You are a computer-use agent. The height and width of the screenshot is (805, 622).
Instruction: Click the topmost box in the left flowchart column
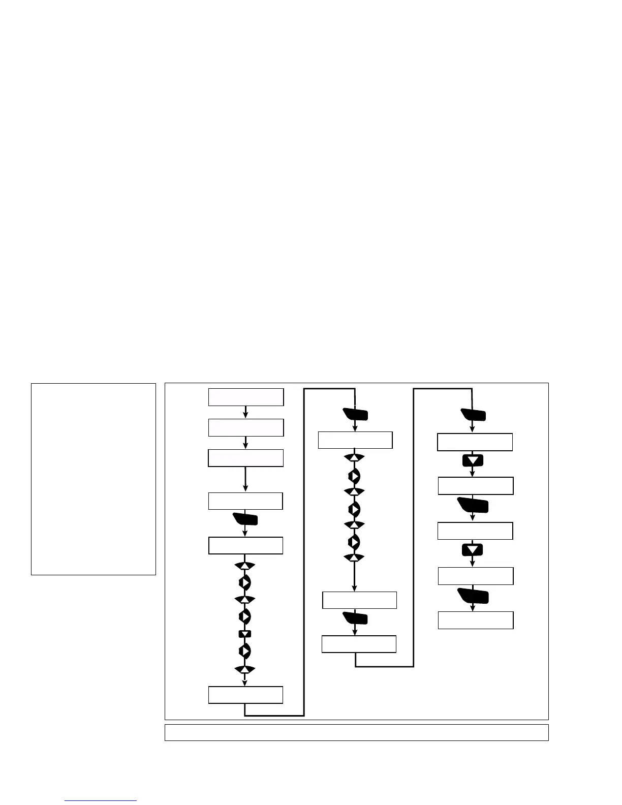pos(245,397)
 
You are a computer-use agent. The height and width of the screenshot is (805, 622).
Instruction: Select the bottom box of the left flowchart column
pos(245,695)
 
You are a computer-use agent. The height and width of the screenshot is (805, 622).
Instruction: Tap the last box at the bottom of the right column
pos(475,620)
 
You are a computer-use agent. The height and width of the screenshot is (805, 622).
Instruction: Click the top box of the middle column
pos(355,440)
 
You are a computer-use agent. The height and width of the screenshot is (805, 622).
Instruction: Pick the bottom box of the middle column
pos(359,644)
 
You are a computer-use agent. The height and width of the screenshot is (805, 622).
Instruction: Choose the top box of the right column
pos(475,442)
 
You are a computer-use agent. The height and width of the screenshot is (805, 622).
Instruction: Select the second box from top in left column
pos(245,427)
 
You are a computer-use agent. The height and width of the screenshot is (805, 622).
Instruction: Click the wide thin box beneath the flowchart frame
pos(356,732)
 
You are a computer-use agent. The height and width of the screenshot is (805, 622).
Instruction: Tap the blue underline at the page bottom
pos(101,801)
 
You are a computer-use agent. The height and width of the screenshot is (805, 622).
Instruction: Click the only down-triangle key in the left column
pos(245,634)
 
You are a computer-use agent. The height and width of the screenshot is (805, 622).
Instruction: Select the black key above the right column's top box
pos(473,415)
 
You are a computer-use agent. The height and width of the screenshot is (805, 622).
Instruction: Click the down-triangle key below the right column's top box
pos(473,460)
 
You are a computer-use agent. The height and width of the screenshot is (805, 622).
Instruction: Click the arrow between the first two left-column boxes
pos(245,412)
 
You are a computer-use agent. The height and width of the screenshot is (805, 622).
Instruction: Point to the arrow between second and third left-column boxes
pos(245,443)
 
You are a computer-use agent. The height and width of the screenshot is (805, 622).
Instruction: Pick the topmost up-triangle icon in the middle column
pos(354,458)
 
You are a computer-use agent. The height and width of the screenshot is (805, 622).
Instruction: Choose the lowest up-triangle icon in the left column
pos(244,669)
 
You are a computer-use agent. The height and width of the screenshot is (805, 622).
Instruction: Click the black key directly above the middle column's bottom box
pos(355,618)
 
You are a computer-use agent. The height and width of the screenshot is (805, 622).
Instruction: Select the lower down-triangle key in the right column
pos(473,550)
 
